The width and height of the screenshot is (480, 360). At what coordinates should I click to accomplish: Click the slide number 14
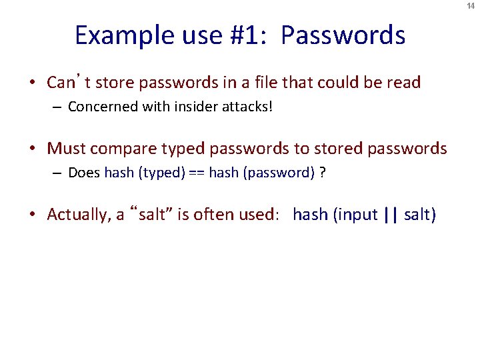pyautogui.click(x=471, y=5)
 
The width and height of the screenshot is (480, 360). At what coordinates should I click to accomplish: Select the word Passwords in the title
pyautogui.click(x=343, y=35)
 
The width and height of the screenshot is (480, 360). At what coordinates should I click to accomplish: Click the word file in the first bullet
pyautogui.click(x=266, y=83)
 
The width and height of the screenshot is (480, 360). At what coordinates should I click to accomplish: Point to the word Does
pyautogui.click(x=85, y=173)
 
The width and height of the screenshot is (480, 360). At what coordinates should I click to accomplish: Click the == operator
pyautogui.click(x=196, y=173)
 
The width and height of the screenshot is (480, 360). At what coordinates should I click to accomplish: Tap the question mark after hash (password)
pyautogui.click(x=323, y=173)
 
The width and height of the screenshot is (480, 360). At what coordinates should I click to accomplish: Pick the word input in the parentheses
pyautogui.click(x=357, y=215)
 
